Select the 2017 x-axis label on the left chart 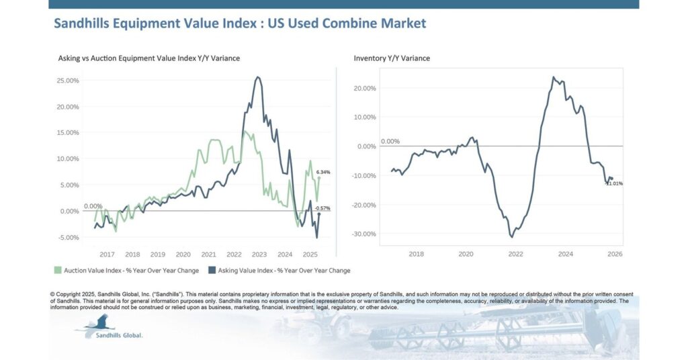pos(107,255)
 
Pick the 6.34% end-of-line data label pos(322,172)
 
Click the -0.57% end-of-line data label pos(322,208)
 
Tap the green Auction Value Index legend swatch pos(58,271)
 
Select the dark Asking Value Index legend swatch pos(212,271)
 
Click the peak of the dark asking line pos(258,77)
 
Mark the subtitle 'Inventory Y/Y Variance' pos(392,58)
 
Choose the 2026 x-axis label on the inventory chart pos(615,254)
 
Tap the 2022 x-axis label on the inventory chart pos(515,254)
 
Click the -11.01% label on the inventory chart pos(613,183)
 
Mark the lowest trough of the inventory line pos(512,236)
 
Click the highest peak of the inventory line pos(554,77)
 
